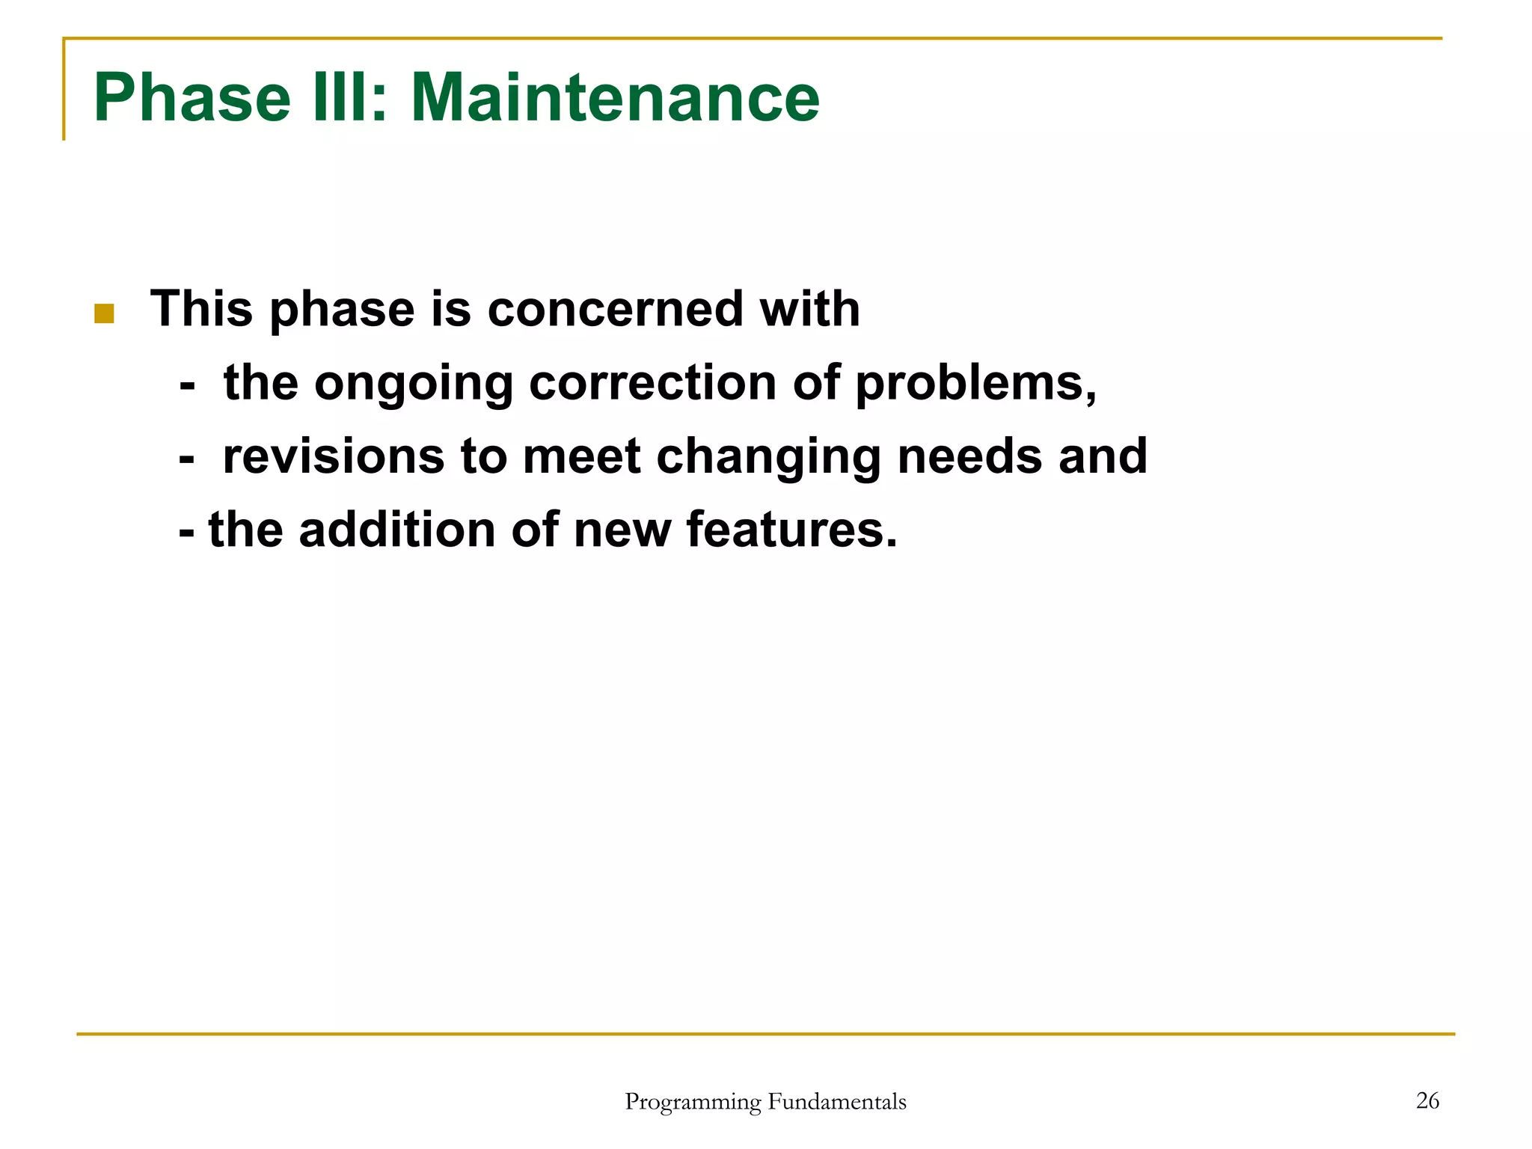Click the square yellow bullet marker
pos(104,313)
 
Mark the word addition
pos(397,529)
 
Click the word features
pos(791,529)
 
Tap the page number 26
pos(1427,1100)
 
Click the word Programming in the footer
pos(693,1103)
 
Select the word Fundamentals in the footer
pos(837,1101)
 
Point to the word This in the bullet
pos(200,309)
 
